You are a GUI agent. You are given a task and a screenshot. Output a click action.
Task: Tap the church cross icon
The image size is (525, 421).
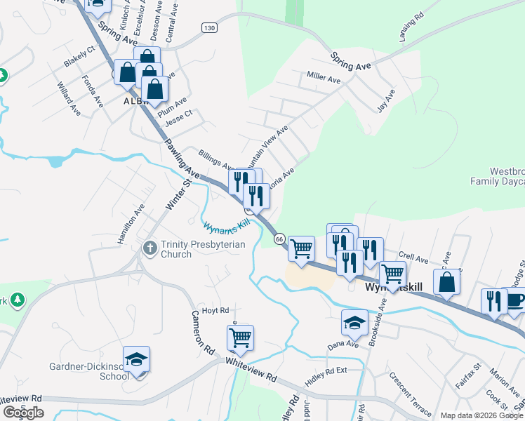(x=149, y=248)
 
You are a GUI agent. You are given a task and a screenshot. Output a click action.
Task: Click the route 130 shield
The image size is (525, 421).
(x=208, y=27)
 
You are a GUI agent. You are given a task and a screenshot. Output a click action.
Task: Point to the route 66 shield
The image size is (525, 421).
(x=279, y=239)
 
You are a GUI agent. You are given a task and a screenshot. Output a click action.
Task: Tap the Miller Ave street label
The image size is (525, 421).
(x=324, y=77)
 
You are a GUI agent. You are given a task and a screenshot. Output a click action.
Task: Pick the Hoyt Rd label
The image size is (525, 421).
(x=215, y=310)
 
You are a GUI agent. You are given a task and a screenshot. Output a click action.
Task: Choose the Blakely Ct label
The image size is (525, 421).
(x=79, y=58)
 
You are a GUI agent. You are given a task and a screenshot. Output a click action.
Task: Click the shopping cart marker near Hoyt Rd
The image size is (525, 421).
(x=240, y=338)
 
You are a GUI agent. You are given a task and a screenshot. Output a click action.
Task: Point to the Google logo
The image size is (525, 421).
(x=23, y=413)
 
